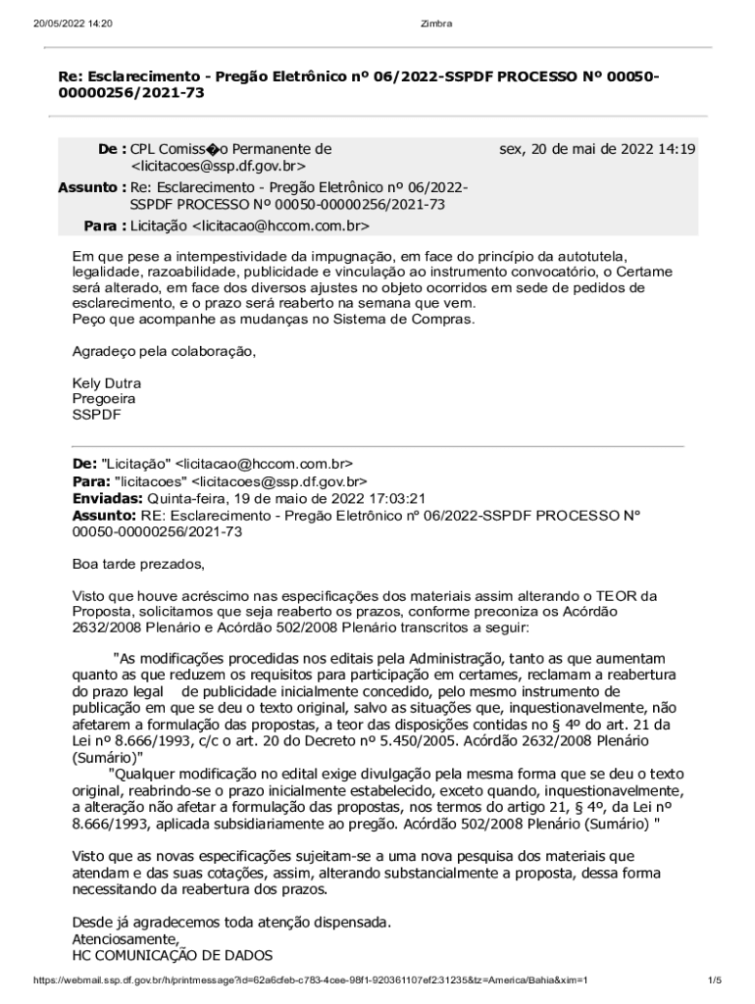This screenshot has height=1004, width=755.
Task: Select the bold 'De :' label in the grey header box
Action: (x=112, y=149)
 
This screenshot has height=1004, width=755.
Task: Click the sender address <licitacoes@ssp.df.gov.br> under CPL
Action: (x=219, y=168)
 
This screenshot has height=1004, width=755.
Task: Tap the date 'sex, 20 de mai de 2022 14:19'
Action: (x=597, y=149)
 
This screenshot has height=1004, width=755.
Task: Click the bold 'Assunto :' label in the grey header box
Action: (x=92, y=187)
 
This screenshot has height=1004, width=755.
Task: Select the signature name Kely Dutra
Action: (x=107, y=382)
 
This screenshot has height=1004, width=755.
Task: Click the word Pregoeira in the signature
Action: (x=104, y=399)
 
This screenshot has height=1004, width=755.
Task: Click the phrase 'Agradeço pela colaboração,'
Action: (x=164, y=351)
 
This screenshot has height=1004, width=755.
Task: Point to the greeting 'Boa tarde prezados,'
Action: (x=139, y=564)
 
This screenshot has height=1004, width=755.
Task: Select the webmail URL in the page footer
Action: (x=310, y=979)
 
